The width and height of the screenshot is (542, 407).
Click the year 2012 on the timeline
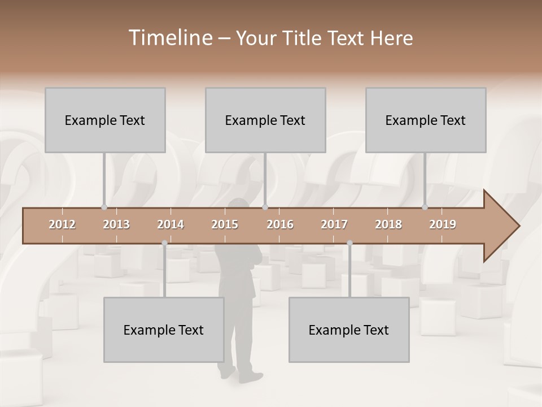coord(62,224)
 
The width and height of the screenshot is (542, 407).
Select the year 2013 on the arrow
coord(116,224)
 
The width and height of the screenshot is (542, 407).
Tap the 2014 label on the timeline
coord(171,224)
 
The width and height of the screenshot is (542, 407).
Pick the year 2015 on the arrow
coord(225,224)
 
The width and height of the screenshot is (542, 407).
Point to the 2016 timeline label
coord(280,224)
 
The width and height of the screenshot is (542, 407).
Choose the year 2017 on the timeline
coord(334,224)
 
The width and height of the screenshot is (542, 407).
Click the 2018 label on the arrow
coord(388,224)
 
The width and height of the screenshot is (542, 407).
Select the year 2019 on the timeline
coord(443,224)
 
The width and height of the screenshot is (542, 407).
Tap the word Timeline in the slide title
coord(169,38)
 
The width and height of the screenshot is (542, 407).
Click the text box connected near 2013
coord(105,120)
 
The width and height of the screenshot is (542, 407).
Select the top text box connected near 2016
coord(265,120)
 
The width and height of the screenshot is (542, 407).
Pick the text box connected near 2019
coord(426,120)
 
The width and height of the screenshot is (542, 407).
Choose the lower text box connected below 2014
coord(164,330)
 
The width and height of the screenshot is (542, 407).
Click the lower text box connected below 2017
coord(349,330)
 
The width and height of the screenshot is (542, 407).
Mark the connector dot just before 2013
coord(104,207)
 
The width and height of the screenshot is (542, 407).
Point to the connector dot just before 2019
coord(425,207)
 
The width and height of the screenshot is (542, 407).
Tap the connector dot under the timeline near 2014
coord(164,243)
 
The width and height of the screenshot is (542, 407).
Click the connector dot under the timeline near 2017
coord(349,243)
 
